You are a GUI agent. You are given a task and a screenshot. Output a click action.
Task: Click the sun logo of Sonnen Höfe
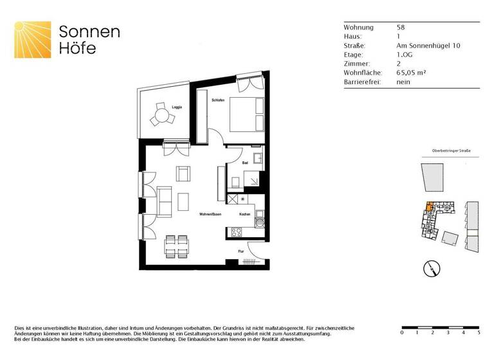(x=33, y=39)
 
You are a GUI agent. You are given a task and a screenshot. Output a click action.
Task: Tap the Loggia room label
(x=176, y=107)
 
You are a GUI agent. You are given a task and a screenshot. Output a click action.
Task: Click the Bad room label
(x=245, y=163)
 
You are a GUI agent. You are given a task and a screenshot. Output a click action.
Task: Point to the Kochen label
(x=244, y=214)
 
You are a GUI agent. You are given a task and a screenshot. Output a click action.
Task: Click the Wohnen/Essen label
(x=210, y=214)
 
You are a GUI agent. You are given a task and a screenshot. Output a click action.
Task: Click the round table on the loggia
(x=162, y=116)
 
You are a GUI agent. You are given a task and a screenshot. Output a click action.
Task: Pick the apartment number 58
(x=401, y=28)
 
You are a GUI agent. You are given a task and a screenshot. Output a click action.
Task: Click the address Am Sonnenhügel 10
(x=428, y=46)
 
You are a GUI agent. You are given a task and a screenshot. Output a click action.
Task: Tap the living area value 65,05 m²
(x=412, y=73)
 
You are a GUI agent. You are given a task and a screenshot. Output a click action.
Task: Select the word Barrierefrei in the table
(x=362, y=82)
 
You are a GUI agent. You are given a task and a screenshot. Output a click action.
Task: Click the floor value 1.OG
(x=405, y=55)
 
